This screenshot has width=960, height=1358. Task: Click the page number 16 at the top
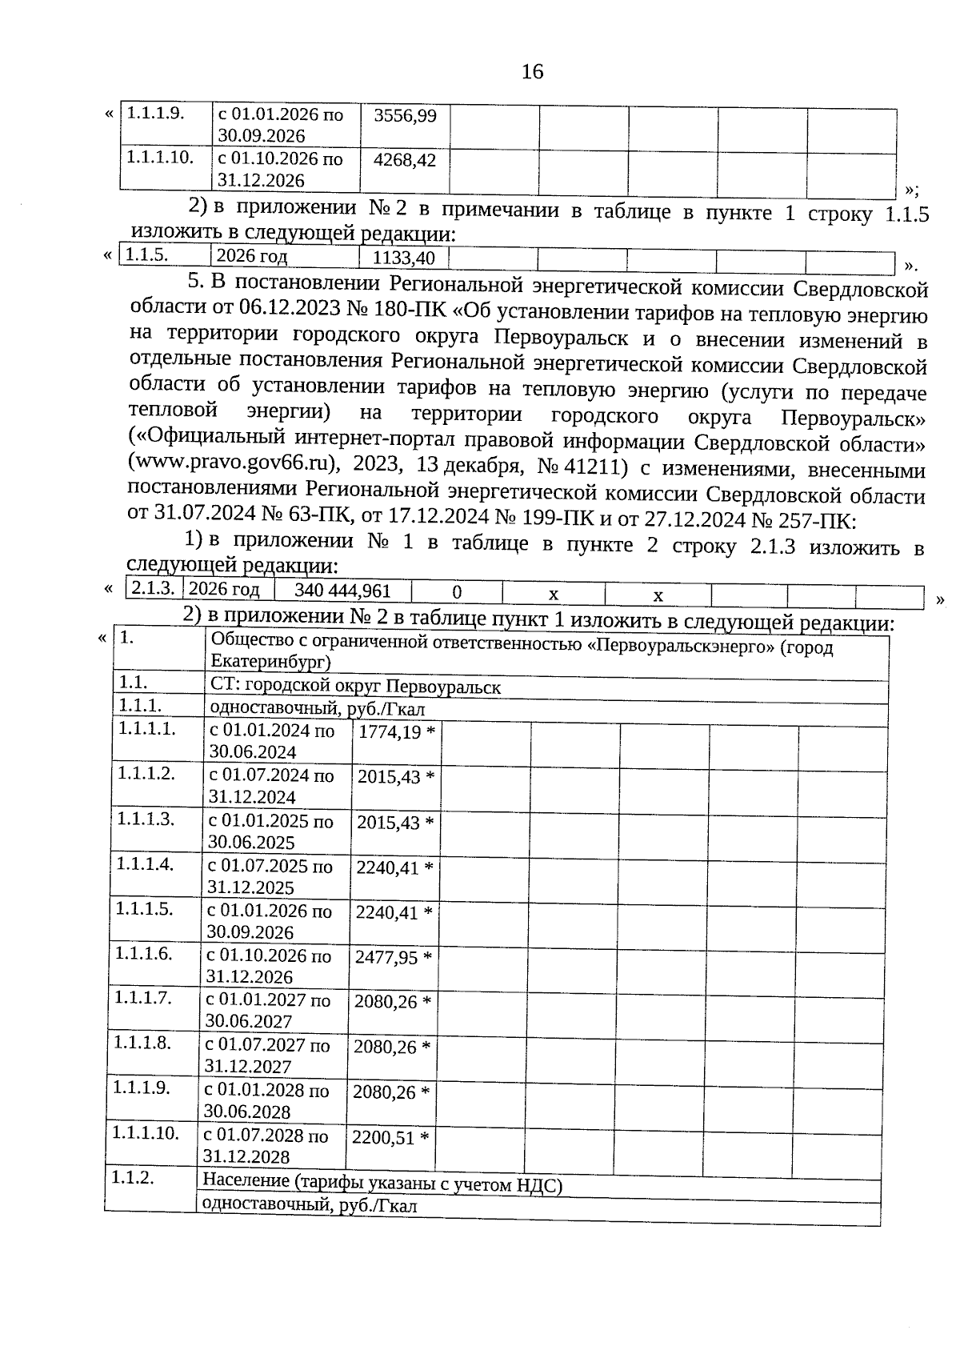point(532,72)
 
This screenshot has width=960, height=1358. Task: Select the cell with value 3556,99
point(406,116)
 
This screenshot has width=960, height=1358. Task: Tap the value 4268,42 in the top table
point(405,160)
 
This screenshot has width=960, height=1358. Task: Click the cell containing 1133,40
point(404,258)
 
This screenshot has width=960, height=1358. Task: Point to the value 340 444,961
point(342,591)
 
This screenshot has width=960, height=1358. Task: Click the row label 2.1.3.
point(153,589)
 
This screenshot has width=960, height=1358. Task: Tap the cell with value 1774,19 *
point(397,732)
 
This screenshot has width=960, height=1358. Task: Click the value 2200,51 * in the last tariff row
point(390,1138)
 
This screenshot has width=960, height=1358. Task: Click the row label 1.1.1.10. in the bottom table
point(145,1133)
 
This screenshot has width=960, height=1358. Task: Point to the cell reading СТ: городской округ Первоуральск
point(355,687)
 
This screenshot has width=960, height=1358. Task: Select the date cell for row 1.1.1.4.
point(270,876)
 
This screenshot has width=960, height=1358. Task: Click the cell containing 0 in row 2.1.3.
point(456,592)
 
